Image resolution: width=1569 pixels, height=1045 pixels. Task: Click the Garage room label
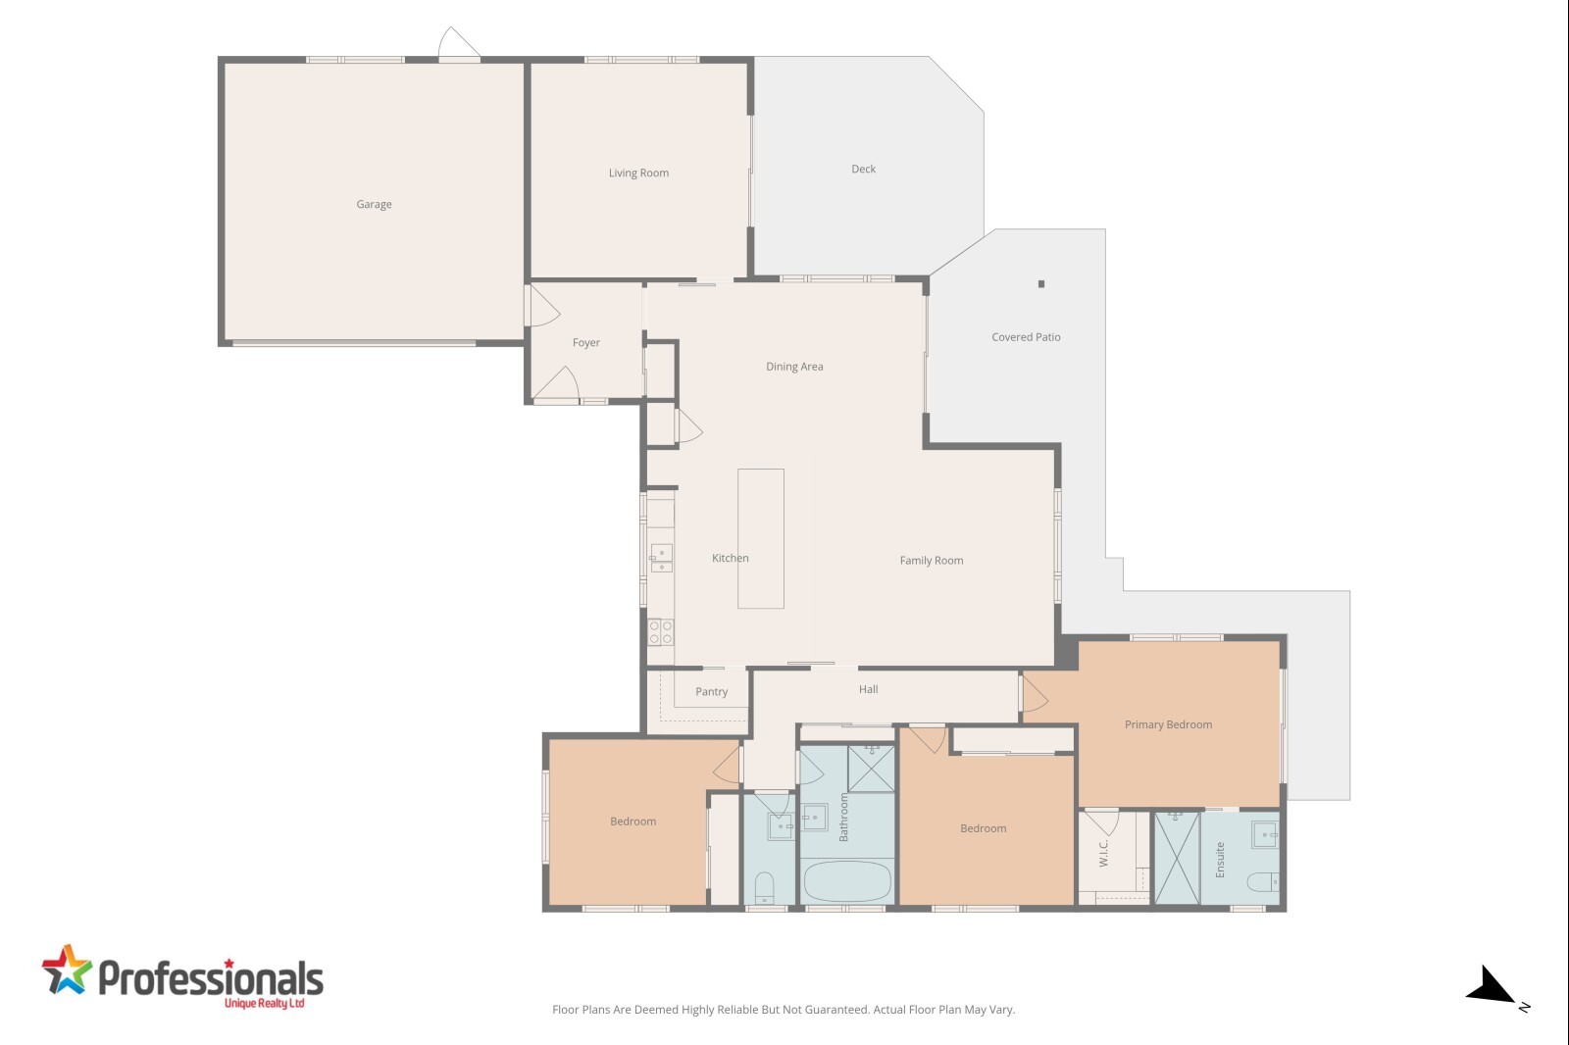click(374, 204)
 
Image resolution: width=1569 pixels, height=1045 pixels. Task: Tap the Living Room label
click(638, 173)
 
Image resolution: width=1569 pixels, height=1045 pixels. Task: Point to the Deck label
click(863, 169)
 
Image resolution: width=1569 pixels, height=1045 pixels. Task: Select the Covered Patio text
click(1026, 337)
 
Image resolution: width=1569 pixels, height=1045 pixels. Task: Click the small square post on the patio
click(1041, 283)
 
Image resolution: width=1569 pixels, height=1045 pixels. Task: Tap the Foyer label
click(585, 342)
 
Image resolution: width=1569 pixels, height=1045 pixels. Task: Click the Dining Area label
click(793, 367)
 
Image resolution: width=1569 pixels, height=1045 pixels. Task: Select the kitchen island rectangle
click(761, 538)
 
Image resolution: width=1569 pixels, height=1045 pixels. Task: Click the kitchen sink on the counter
click(661, 558)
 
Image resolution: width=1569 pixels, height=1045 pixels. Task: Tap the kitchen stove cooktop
click(661, 631)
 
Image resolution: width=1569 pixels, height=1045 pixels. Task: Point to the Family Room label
click(931, 561)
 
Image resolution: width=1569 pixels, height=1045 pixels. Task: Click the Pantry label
click(711, 691)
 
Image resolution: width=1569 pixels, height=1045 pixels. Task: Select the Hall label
click(868, 689)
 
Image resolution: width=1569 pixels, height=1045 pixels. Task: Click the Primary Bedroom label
click(1168, 724)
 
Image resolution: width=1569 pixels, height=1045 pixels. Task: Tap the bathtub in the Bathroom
click(847, 880)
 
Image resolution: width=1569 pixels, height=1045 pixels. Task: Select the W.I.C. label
click(1103, 853)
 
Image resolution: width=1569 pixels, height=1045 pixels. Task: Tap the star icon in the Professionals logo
click(67, 970)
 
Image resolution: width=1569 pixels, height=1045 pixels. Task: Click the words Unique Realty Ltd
click(264, 1003)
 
